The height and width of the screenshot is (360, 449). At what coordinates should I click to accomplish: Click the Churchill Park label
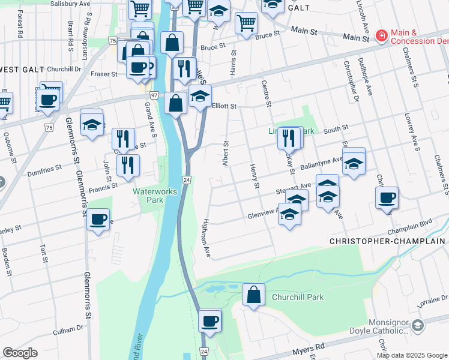click(298, 297)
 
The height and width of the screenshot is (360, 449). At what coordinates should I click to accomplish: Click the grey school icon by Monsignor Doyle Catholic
click(418, 325)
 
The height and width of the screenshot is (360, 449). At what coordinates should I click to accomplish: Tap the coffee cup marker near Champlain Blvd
click(387, 197)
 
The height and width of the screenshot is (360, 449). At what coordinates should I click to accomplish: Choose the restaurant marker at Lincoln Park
click(289, 137)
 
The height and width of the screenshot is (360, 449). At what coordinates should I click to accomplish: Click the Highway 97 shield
click(154, 95)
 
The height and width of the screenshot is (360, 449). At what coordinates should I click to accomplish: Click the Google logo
click(20, 353)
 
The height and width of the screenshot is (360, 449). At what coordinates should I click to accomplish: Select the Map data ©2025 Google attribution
click(412, 355)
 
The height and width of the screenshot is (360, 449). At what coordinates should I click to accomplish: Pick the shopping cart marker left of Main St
click(246, 23)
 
